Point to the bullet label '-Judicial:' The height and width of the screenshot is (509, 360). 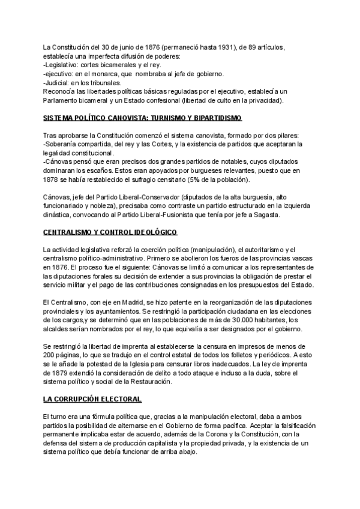coord(58,83)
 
